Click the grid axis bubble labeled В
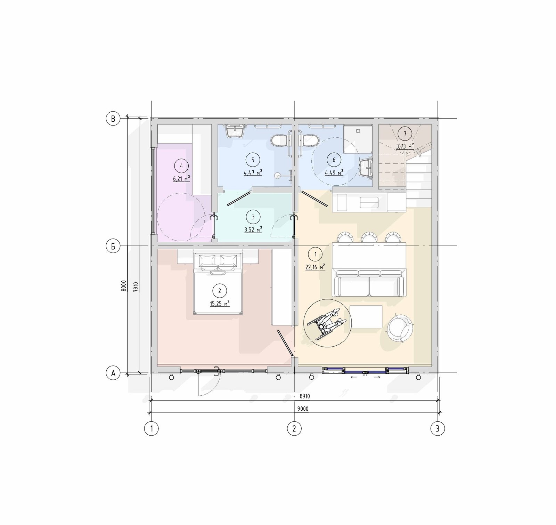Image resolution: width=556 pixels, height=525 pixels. [x=113, y=119]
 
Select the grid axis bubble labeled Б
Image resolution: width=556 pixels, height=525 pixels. [x=113, y=246]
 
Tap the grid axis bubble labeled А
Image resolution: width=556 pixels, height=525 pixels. [x=113, y=373]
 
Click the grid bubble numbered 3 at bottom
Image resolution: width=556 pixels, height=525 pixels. [x=438, y=428]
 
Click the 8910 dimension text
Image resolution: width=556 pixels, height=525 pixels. [x=305, y=396]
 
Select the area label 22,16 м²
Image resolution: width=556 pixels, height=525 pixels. [x=315, y=267]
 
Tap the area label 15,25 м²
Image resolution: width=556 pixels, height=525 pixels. [x=220, y=304]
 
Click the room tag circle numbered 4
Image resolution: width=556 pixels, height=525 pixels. [x=181, y=165]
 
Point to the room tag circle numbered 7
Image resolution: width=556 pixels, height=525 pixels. [x=405, y=134]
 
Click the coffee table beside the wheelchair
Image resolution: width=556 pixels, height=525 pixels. [x=366, y=317]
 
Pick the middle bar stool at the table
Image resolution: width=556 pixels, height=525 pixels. [x=369, y=237]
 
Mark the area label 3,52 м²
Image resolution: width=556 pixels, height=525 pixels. [x=253, y=229]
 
